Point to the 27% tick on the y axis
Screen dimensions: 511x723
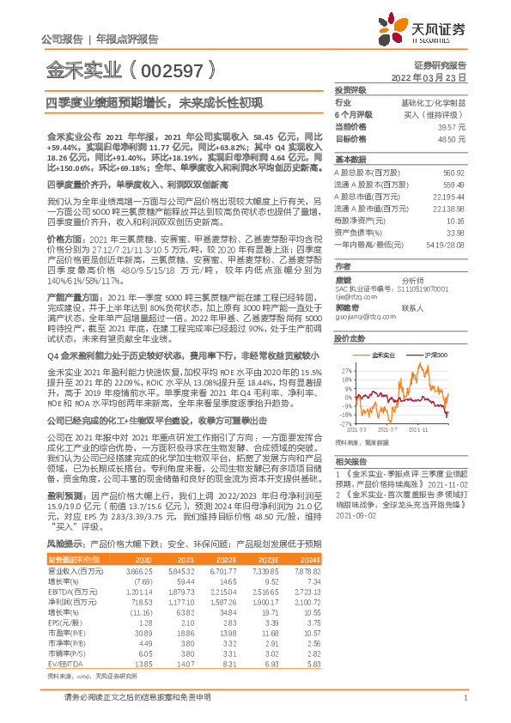pyautogui.click(x=346, y=370)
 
